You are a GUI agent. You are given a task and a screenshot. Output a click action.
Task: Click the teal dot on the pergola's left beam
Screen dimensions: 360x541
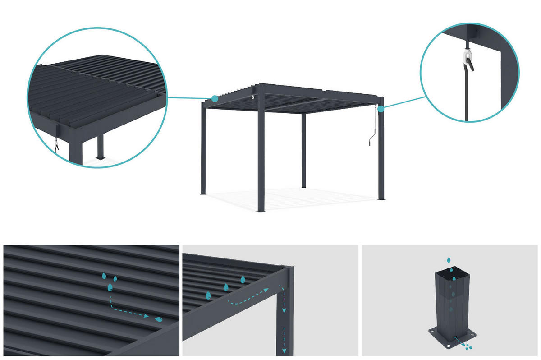point(215,98)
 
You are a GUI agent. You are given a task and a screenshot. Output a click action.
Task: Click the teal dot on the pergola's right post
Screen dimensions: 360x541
point(381,109)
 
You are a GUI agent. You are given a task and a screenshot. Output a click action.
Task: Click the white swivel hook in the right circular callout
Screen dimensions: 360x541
point(468,57)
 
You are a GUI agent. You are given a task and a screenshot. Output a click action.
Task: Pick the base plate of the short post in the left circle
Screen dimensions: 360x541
point(100,158)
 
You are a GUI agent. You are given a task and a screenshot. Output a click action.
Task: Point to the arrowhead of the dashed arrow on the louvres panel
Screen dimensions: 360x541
point(147,316)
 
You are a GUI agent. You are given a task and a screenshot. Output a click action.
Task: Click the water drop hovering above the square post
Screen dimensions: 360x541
point(448,260)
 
